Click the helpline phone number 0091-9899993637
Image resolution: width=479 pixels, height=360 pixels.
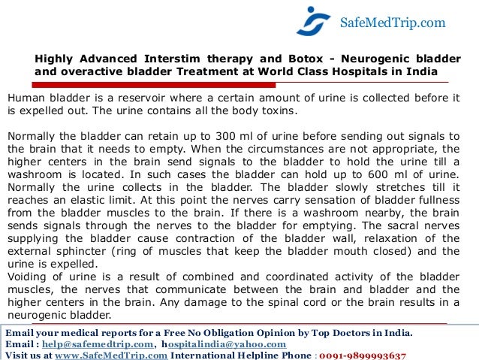(363, 355)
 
